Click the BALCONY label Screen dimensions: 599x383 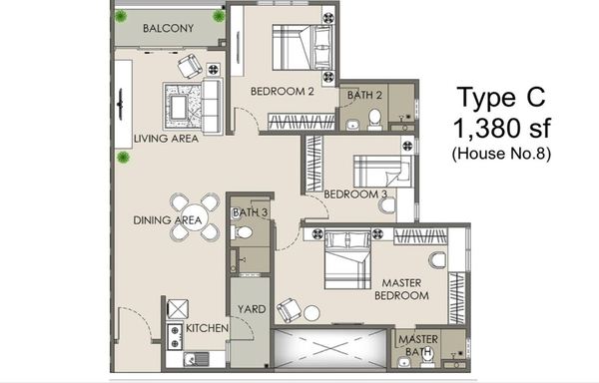[x=168, y=28]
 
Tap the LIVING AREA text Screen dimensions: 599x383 [x=166, y=139]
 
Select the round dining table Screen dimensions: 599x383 [x=195, y=217]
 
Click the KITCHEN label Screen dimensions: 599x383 [x=207, y=328]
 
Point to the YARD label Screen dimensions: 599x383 [x=252, y=309]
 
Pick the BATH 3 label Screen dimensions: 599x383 [x=251, y=212]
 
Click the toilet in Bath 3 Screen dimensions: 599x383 [x=242, y=231]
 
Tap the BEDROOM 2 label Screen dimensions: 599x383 [x=283, y=91]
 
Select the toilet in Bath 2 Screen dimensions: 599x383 [x=374, y=118]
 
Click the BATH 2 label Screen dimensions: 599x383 [x=364, y=95]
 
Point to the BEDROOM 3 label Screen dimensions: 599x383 [x=355, y=194]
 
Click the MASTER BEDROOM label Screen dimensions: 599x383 [x=401, y=289]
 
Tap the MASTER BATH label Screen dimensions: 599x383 [x=418, y=345]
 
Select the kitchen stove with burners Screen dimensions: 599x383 [x=175, y=336]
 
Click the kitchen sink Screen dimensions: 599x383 [x=196, y=359]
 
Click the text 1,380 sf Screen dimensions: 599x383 [x=501, y=128]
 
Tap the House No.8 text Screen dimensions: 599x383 [x=501, y=154]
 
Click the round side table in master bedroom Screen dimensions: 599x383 [x=311, y=313]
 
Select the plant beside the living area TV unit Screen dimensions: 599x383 [x=123, y=157]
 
